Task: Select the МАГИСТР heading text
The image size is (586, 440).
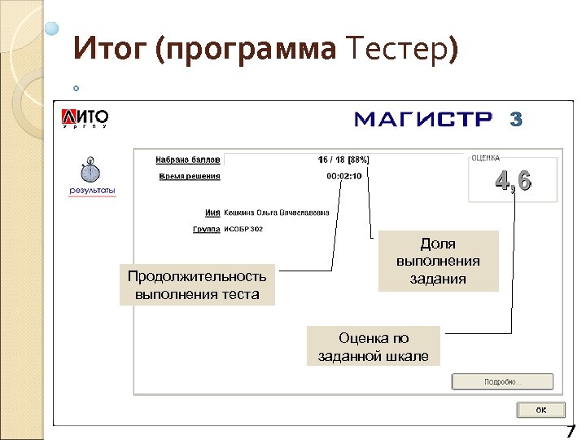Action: point(423,120)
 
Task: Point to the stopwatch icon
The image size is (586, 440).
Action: point(90,172)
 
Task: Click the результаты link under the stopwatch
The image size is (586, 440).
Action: point(92,191)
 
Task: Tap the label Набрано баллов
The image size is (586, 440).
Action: point(188,160)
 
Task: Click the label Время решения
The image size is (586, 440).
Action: point(190,176)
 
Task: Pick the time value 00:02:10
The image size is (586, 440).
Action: point(344,176)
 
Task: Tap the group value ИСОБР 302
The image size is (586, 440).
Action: point(243,230)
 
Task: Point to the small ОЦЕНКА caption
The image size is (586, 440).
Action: point(486,158)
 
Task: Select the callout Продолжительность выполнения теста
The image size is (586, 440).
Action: point(197,285)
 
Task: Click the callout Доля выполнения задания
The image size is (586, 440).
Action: point(438,261)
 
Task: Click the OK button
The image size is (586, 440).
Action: point(540,409)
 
